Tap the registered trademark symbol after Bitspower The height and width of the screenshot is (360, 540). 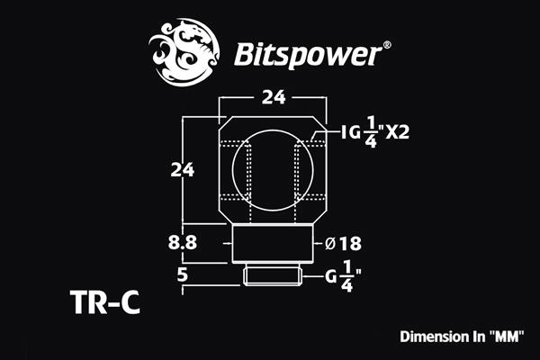click(387, 43)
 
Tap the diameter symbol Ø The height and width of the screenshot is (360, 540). click(330, 243)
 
